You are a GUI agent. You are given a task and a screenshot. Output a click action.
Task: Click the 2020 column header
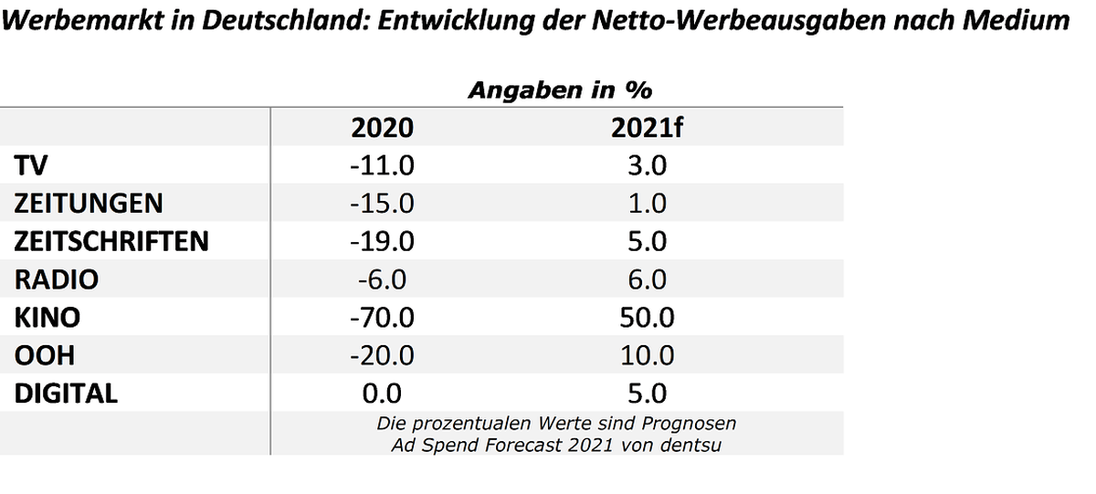coord(382,128)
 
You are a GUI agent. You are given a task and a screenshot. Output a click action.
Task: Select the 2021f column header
coord(647,128)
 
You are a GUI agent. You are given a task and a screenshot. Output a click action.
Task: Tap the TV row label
coord(31,165)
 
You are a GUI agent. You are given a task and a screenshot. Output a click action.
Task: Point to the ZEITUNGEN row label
coord(88,204)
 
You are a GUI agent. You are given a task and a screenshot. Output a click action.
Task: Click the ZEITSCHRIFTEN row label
coord(111,241)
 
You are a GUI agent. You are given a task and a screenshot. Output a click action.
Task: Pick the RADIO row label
coord(57,279)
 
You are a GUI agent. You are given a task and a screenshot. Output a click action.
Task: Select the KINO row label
coord(47,318)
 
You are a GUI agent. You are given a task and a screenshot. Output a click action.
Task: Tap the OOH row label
coord(45,355)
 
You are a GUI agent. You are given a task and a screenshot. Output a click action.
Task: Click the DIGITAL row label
coord(66,394)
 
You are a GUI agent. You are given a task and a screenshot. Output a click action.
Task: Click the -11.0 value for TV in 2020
coord(382,165)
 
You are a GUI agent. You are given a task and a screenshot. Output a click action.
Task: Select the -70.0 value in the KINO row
coord(382,318)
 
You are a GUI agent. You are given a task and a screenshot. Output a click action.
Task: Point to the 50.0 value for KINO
coord(647,318)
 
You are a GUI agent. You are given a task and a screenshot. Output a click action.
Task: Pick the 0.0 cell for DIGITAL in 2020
coord(382,394)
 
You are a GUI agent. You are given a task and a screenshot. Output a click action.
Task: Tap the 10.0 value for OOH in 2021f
coord(647,355)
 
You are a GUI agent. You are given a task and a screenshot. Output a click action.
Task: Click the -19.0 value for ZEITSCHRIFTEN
coord(382,241)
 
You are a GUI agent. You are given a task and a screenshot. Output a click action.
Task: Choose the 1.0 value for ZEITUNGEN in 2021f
coord(647,204)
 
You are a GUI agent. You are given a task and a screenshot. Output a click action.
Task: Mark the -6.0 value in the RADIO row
coord(382,279)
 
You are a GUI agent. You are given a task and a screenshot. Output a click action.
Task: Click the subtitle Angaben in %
coord(560,90)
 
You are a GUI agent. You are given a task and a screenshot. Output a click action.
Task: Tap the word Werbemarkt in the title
coord(83,20)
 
